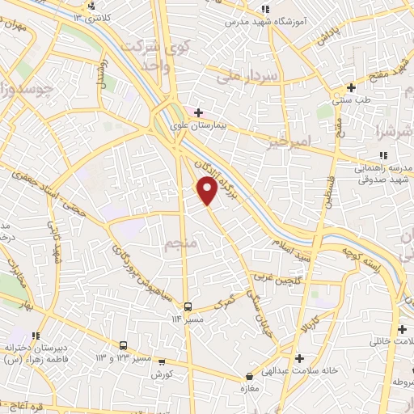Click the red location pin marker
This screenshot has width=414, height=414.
point(208,191)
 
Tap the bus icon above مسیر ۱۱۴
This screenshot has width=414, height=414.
point(188,306)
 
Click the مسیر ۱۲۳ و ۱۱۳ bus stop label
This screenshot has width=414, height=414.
point(112,357)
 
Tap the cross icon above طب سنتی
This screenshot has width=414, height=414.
point(350,87)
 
